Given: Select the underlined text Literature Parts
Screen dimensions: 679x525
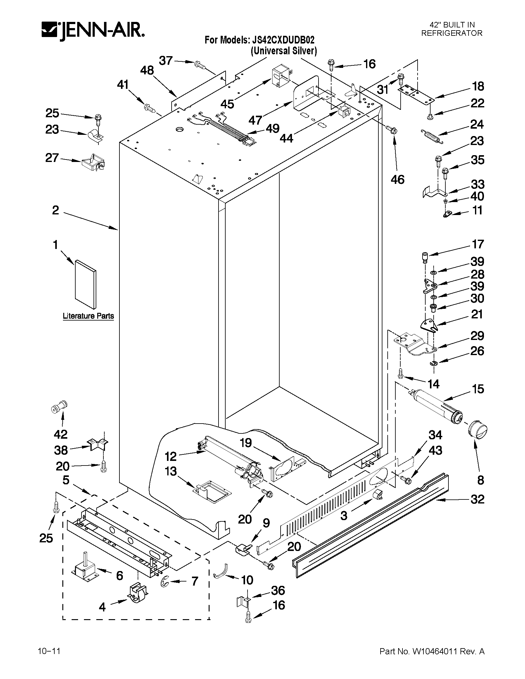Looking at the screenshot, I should pos(88,316).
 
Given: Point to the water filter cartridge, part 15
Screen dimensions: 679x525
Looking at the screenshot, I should pos(435,406).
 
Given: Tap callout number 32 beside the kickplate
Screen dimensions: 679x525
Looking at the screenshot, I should pos(477,499).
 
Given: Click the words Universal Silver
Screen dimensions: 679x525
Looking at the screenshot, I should pos(284,51).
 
